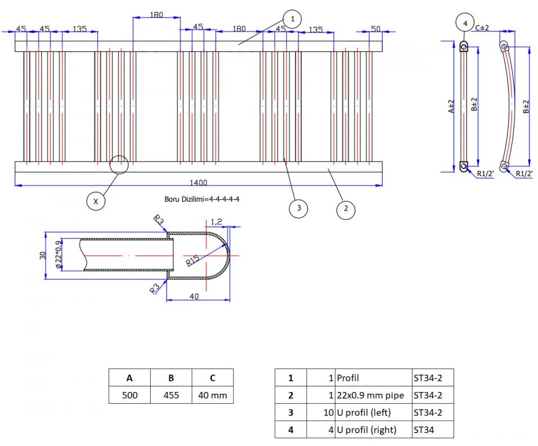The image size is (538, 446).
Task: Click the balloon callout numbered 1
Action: (x=292, y=19)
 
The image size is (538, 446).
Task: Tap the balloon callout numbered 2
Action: (x=346, y=209)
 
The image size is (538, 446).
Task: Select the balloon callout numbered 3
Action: (x=298, y=208)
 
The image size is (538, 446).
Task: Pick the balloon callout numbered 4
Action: (x=465, y=23)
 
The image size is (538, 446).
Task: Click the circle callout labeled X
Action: (x=96, y=201)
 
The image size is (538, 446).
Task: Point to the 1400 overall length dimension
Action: (x=198, y=183)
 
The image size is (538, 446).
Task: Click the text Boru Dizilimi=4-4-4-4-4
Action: (x=201, y=199)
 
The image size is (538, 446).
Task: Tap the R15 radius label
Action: (x=192, y=260)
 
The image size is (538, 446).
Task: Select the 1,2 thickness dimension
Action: (x=216, y=222)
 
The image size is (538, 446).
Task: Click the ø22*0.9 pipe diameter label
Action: (x=59, y=254)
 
